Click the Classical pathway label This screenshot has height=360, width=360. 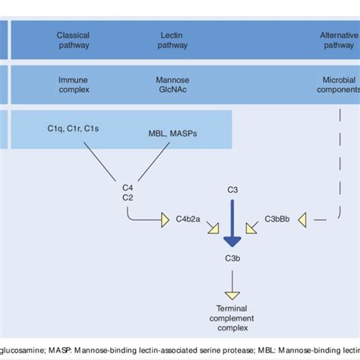[73, 39]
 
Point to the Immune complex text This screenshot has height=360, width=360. [73, 83]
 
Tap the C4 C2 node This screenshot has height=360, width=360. [128, 193]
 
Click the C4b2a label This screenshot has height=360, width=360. [190, 220]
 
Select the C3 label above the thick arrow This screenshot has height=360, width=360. [234, 188]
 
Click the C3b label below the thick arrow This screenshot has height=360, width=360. [234, 259]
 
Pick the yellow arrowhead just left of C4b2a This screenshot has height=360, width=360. [165, 220]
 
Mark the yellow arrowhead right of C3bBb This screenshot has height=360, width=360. [303, 220]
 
